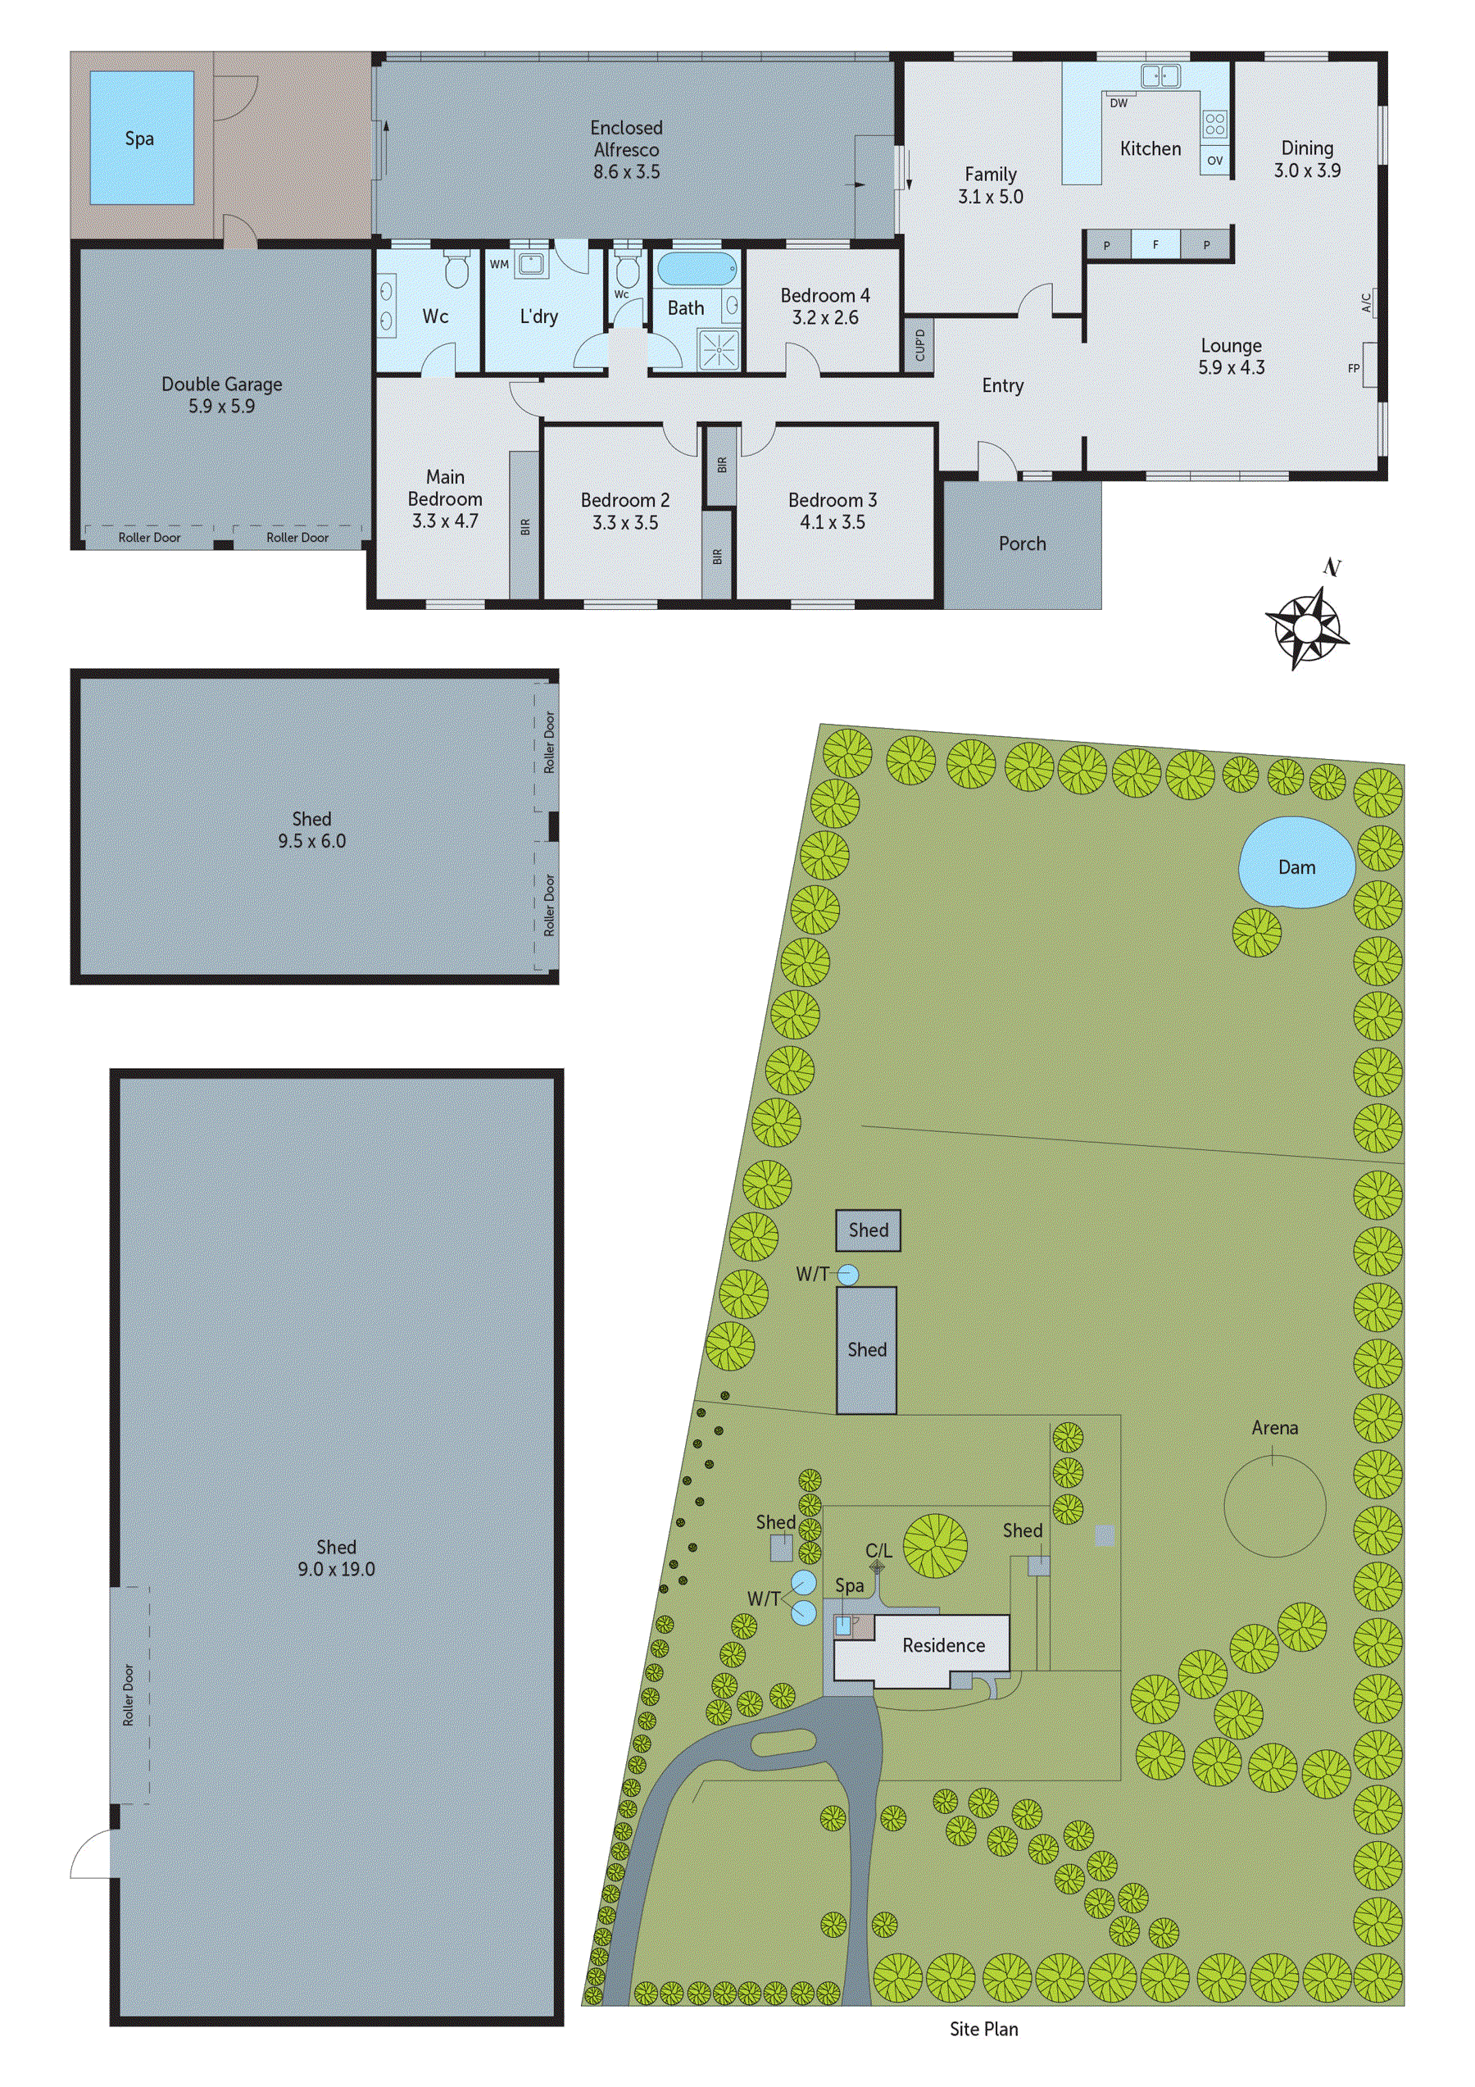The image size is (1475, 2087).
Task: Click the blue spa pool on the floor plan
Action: click(x=142, y=139)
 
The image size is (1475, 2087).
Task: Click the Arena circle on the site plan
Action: click(x=1274, y=1505)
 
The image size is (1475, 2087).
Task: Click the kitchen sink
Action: click(x=1160, y=75)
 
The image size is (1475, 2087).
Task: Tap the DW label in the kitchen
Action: click(x=1119, y=103)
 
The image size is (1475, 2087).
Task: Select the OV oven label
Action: click(x=1215, y=161)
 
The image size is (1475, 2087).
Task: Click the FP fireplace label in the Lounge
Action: click(x=1354, y=368)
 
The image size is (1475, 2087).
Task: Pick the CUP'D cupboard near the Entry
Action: click(x=919, y=345)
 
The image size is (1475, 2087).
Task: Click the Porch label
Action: click(x=1023, y=543)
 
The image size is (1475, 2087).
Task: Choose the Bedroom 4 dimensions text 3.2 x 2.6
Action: click(x=825, y=317)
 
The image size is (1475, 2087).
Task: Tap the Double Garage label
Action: click(x=222, y=384)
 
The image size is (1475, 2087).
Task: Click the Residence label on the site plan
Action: click(x=943, y=1645)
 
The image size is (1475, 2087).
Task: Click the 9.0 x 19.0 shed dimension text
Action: click(x=336, y=1569)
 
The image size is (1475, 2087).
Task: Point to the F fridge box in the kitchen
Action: click(x=1156, y=244)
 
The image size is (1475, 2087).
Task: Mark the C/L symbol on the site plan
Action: click(x=877, y=1567)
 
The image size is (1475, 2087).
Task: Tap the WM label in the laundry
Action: click(x=499, y=265)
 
